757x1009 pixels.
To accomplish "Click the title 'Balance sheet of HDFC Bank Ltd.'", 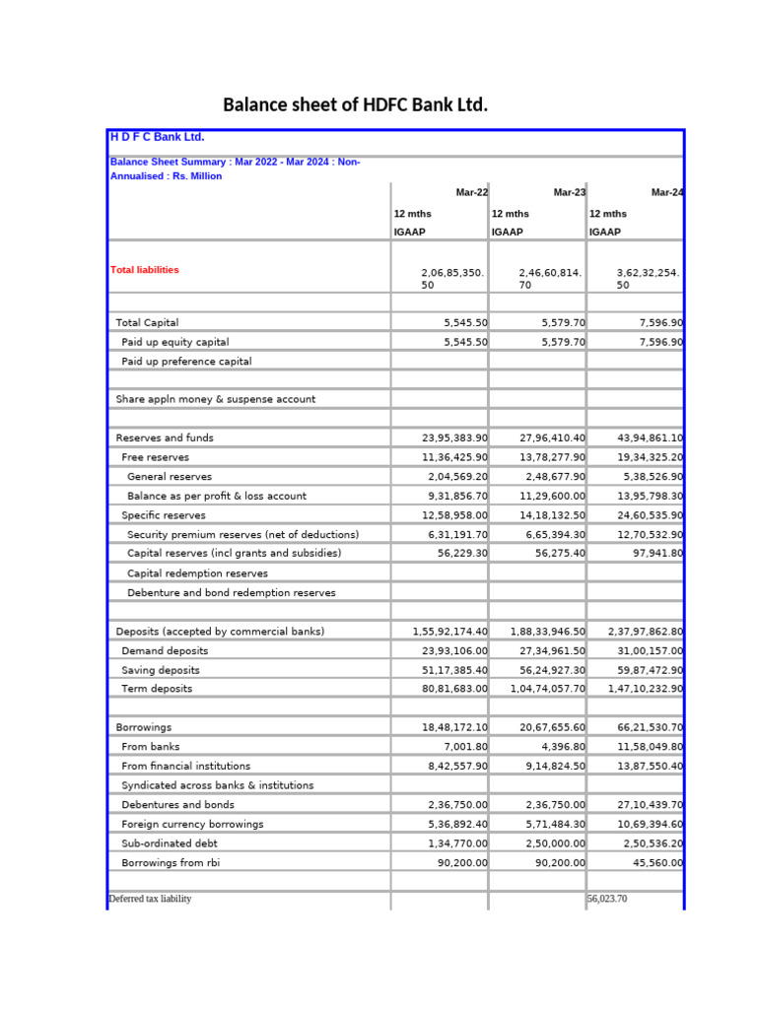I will click(355, 104).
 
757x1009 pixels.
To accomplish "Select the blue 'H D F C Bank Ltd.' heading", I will click(157, 137).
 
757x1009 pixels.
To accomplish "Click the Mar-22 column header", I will click(471, 193).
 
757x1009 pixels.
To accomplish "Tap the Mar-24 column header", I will click(667, 193).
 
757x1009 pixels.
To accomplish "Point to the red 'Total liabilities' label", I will click(145, 270).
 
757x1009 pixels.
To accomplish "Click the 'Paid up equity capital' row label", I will click(174, 342).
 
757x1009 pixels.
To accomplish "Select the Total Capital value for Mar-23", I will click(563, 323).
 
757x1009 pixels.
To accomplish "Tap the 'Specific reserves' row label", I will click(164, 515).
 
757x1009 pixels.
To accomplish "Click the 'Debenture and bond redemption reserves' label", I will click(232, 593).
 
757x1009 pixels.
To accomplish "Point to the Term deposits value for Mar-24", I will click(646, 689).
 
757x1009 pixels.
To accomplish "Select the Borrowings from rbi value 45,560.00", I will click(657, 863).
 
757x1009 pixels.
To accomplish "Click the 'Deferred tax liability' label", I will click(150, 899).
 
